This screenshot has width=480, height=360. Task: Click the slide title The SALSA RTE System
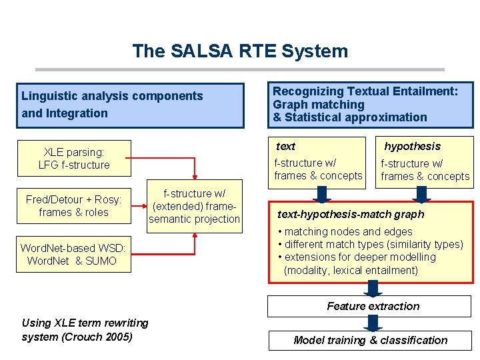point(240,51)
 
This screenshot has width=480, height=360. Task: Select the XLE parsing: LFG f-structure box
point(74,159)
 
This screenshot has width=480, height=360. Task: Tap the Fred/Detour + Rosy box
point(74,206)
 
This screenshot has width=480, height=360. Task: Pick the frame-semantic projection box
point(194,206)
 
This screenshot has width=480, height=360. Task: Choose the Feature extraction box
point(373,307)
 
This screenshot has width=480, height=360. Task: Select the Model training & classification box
point(371,340)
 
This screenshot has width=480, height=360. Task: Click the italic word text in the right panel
point(285,146)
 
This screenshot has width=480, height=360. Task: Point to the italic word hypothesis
point(412,146)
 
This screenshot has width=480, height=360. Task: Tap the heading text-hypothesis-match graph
point(351,214)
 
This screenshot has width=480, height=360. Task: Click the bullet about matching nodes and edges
point(348,231)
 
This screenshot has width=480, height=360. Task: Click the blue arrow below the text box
point(323,193)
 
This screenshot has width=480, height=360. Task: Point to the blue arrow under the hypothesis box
point(421,193)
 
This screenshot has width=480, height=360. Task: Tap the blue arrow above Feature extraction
point(373,288)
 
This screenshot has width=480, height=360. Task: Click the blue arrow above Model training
point(373,323)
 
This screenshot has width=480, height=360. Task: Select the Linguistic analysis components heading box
point(130,105)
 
